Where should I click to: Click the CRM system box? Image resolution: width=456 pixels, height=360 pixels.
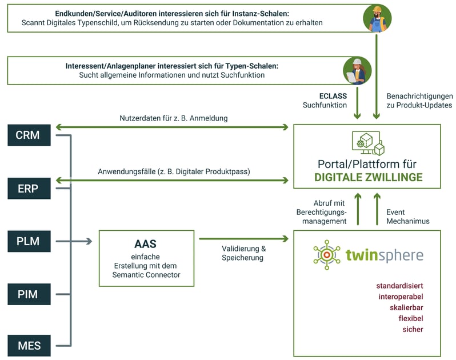click(27, 135)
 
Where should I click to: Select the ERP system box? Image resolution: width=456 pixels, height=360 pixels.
click(27, 188)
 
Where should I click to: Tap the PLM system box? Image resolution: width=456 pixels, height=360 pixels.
click(27, 241)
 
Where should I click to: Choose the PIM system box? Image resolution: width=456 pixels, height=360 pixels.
click(27, 294)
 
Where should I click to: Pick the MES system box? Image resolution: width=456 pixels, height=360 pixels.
click(27, 346)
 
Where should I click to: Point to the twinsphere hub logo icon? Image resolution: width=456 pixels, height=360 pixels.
click(326, 255)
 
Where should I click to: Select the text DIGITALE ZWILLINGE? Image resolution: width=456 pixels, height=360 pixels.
click(368, 177)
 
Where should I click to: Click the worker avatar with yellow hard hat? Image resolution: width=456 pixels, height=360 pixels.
click(377, 18)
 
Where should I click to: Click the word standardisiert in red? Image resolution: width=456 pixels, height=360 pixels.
click(399, 286)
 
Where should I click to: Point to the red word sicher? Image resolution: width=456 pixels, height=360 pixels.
click(413, 330)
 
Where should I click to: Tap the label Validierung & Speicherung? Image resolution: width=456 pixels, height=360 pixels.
click(244, 253)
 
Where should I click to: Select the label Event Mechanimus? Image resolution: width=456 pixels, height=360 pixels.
click(407, 217)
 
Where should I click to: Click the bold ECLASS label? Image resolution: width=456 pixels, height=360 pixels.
click(333, 96)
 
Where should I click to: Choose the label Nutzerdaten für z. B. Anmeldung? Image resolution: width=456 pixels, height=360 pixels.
click(174, 118)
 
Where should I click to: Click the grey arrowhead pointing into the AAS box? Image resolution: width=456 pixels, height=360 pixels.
click(89, 241)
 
